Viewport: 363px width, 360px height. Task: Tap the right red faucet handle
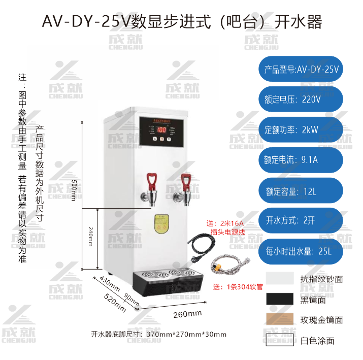(186, 179)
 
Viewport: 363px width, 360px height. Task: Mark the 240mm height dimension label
(90, 237)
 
